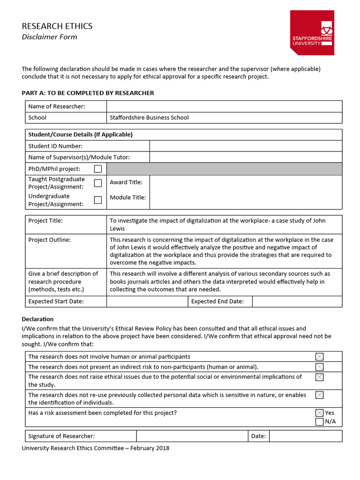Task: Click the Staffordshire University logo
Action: [312, 32]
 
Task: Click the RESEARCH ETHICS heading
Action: [57, 26]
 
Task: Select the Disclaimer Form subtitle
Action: [49, 37]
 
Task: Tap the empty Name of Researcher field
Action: [224, 106]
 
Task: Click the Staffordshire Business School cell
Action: [149, 118]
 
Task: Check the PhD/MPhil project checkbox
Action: [98, 169]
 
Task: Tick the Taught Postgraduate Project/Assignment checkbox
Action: [98, 183]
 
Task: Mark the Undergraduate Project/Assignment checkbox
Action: [98, 200]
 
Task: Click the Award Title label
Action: [126, 182]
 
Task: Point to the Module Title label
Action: [127, 197]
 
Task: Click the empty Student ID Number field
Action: [246, 146]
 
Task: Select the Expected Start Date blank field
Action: [147, 301]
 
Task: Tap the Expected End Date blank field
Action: [297, 301]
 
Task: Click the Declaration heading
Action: [38, 319]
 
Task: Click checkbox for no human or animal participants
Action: [319, 357]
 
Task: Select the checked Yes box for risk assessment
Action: [319, 413]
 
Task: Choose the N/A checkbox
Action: [319, 421]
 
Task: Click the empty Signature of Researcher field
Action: [192, 436]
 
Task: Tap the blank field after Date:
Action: [305, 436]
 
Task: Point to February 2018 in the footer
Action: [150, 448]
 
